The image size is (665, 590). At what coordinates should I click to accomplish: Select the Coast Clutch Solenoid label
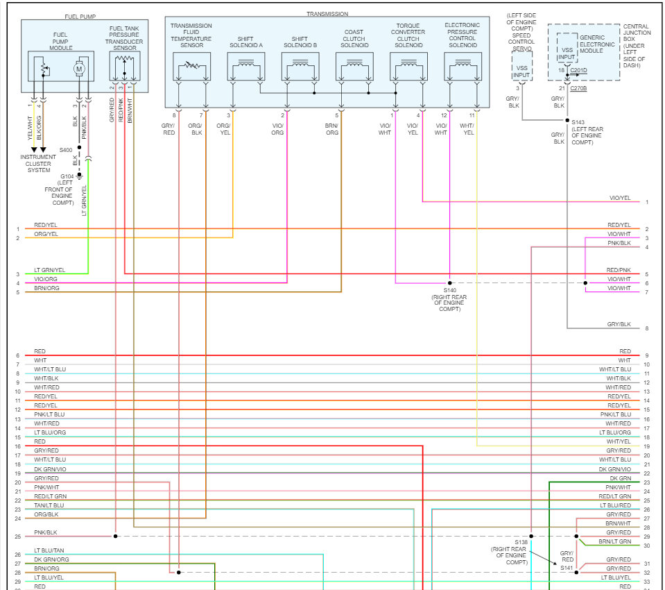pyautogui.click(x=354, y=39)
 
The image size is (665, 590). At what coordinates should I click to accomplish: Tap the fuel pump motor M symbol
pyautogui.click(x=79, y=69)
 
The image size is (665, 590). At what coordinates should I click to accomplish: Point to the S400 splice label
pyautogui.click(x=66, y=150)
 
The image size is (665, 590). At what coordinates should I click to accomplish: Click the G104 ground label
pyautogui.click(x=68, y=176)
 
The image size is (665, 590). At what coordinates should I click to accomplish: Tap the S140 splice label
pyautogui.click(x=450, y=290)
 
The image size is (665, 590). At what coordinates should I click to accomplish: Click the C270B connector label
pyautogui.click(x=578, y=88)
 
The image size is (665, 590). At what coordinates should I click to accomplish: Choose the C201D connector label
pyautogui.click(x=578, y=70)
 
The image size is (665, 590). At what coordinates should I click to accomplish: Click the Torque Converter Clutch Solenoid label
pyautogui.click(x=408, y=39)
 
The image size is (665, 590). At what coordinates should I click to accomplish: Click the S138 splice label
pyautogui.click(x=521, y=541)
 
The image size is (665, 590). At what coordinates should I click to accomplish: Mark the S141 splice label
pyautogui.click(x=567, y=568)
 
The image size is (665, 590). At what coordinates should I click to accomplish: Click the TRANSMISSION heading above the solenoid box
pyautogui.click(x=327, y=14)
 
